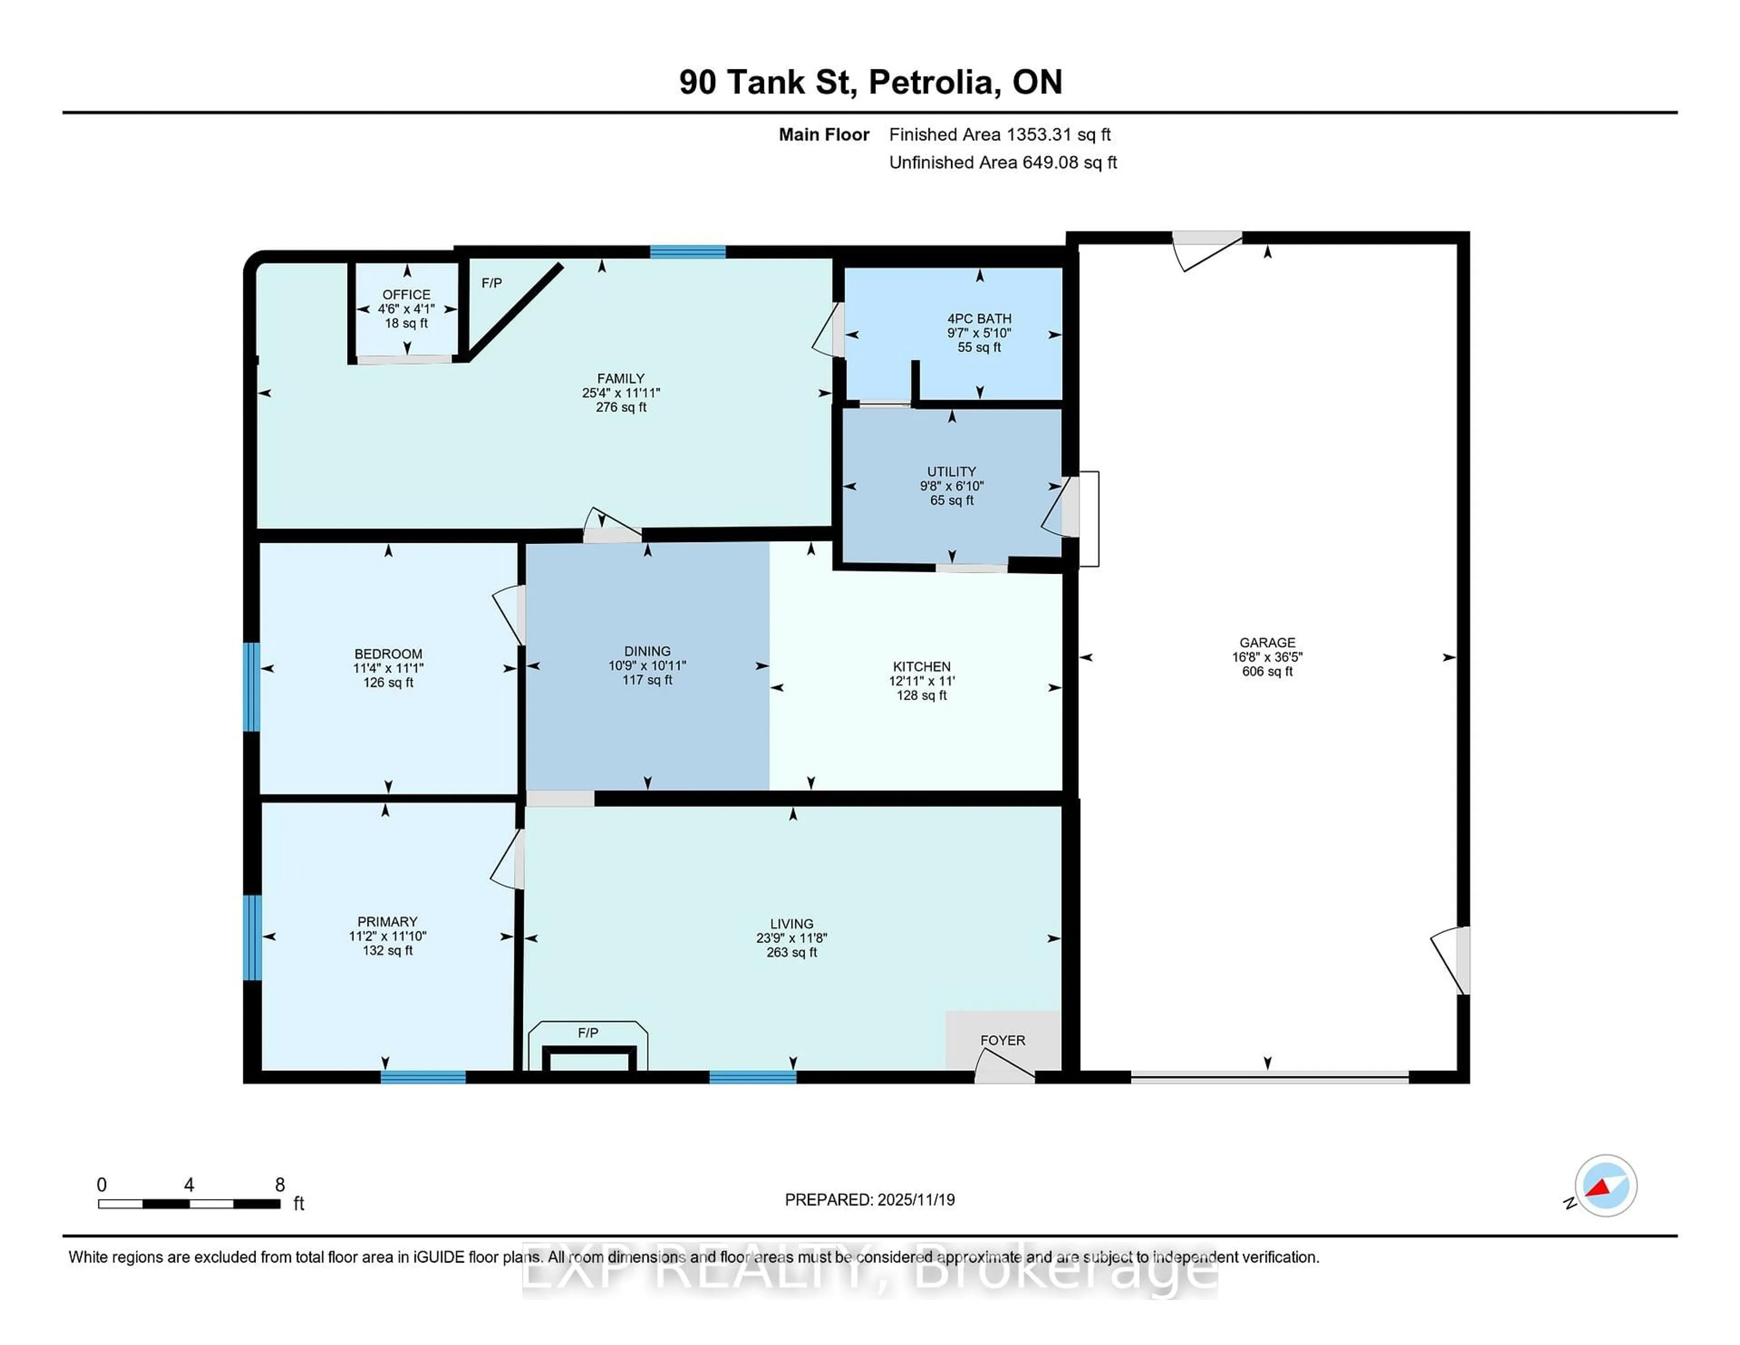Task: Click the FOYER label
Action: pos(1002,1040)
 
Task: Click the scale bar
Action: pos(189,1203)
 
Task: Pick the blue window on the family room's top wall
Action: pos(687,252)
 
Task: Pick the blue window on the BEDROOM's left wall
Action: pos(252,687)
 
